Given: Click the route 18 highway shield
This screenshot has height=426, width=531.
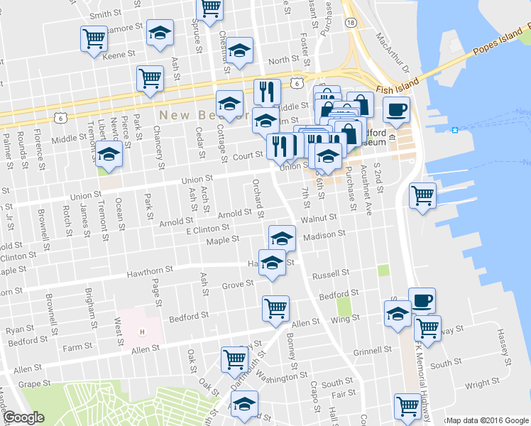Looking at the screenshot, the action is [350, 23].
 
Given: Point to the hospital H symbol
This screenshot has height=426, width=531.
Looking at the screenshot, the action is [143, 332].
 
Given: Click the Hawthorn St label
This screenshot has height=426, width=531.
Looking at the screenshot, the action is [150, 270].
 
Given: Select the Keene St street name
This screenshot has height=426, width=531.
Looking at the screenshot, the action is [119, 55].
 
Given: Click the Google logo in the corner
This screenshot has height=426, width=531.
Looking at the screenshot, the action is [23, 417].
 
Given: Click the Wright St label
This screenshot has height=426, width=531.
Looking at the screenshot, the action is [482, 384].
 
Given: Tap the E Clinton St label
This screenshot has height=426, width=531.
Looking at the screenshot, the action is [207, 229].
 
